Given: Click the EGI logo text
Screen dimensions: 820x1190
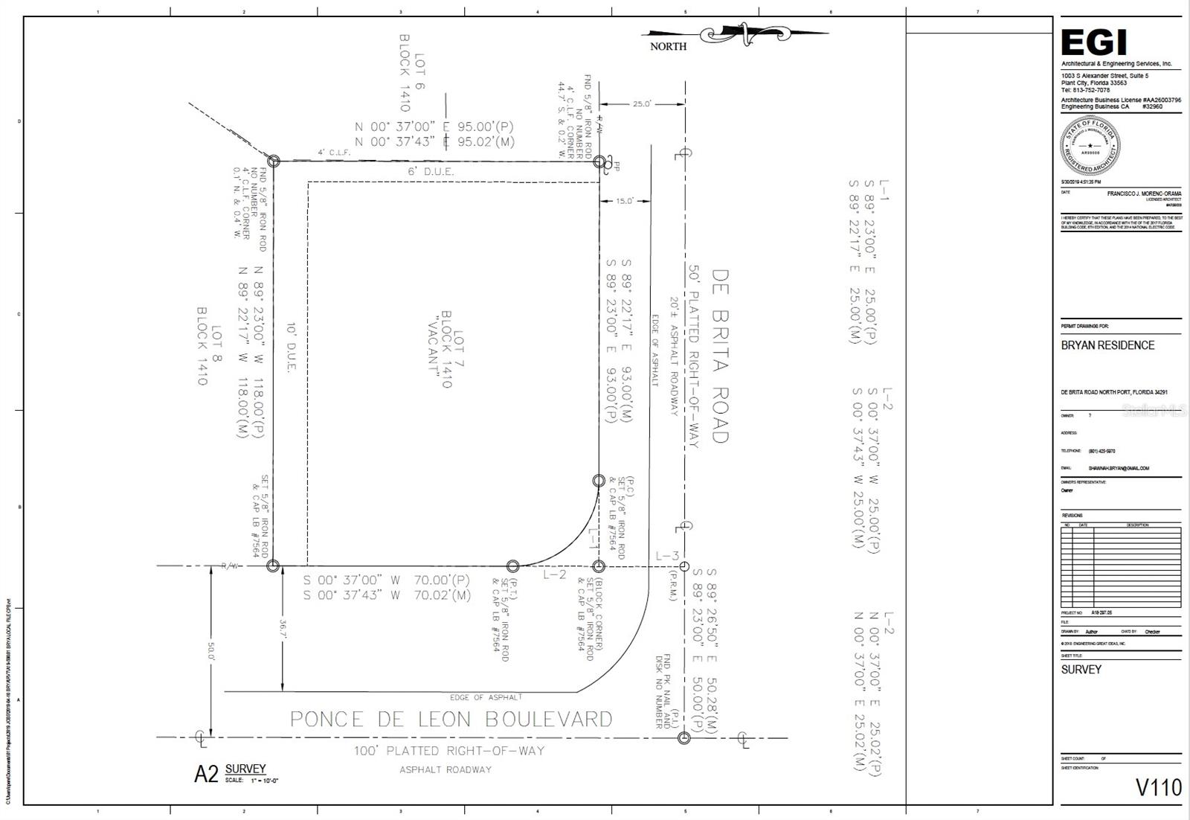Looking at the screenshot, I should [x=1093, y=43].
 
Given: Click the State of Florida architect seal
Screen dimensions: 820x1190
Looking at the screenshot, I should [x=1090, y=146].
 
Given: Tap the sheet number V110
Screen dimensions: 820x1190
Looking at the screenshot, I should [x=1158, y=787].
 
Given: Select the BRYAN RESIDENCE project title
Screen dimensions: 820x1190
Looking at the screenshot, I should [x=1107, y=345].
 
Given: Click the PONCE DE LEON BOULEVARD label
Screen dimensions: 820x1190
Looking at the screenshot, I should [x=451, y=720].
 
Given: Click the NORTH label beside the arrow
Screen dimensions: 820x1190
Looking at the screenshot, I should [x=668, y=46].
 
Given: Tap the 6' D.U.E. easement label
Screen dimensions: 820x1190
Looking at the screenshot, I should [x=431, y=172].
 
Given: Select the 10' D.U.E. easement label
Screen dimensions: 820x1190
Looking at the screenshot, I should [x=292, y=347].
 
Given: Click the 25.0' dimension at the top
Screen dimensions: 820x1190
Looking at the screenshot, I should [x=642, y=104].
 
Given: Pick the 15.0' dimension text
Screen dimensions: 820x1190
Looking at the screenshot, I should [x=623, y=201].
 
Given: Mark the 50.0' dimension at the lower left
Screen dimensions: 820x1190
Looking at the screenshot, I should [x=212, y=653].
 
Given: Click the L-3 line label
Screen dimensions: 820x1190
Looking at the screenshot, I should [x=667, y=556].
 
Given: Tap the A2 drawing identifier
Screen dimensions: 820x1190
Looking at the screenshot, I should [x=206, y=775].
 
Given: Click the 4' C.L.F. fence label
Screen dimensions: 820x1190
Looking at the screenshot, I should [x=334, y=153].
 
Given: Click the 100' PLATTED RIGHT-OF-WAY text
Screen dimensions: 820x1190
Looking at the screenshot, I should [x=448, y=751].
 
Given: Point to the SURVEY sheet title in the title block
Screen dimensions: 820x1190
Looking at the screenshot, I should [x=1081, y=670].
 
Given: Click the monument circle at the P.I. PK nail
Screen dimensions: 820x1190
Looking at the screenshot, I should [x=684, y=737].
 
